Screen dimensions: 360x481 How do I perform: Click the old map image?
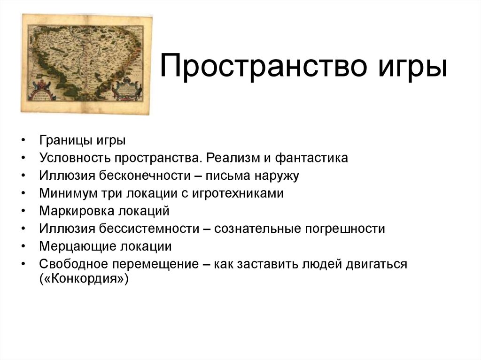tap(87, 63)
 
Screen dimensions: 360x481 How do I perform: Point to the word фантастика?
tap(312, 158)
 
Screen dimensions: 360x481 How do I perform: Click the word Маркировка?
tap(73, 211)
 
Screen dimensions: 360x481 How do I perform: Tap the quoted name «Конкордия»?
tap(84, 279)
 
